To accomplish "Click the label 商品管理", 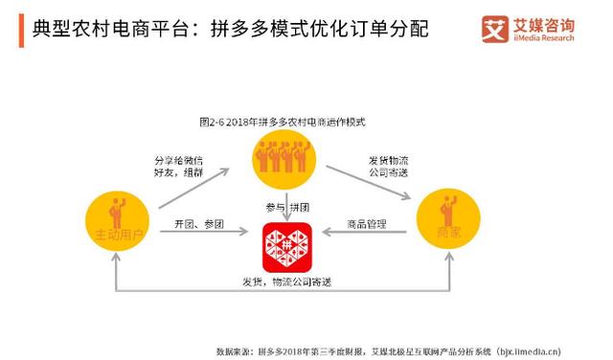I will (366, 224).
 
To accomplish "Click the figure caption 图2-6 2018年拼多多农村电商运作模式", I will (285, 123).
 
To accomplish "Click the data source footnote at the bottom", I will (389, 349).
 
